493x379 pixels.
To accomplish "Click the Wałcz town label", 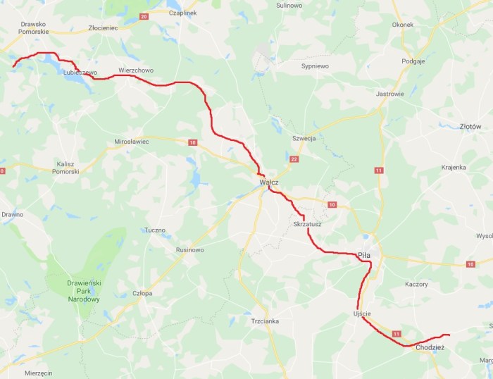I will point(268,182).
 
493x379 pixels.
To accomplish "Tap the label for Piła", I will point(363,255).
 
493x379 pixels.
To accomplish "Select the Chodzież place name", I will point(429,347).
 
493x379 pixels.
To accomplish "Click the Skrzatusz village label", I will point(306,225).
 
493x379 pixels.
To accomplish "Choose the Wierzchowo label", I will point(136,70).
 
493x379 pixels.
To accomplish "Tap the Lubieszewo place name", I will point(79,73).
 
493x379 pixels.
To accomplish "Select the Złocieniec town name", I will point(104,28).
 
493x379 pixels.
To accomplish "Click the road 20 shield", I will point(144,16).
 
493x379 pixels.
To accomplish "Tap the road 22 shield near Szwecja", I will point(294,160).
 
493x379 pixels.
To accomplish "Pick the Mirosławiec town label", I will point(132,142).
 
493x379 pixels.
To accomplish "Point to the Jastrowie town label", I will point(390,94).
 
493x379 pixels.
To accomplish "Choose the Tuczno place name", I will point(154,230).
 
